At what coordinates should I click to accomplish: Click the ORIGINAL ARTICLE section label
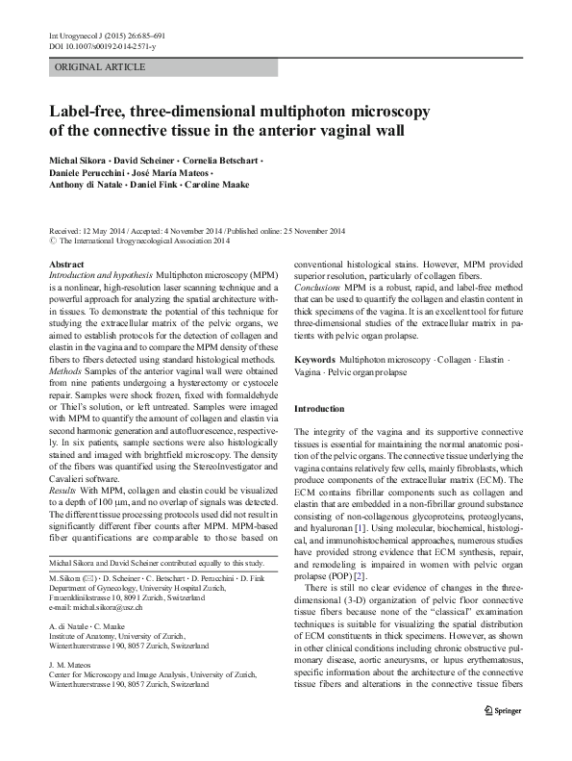(92, 68)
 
